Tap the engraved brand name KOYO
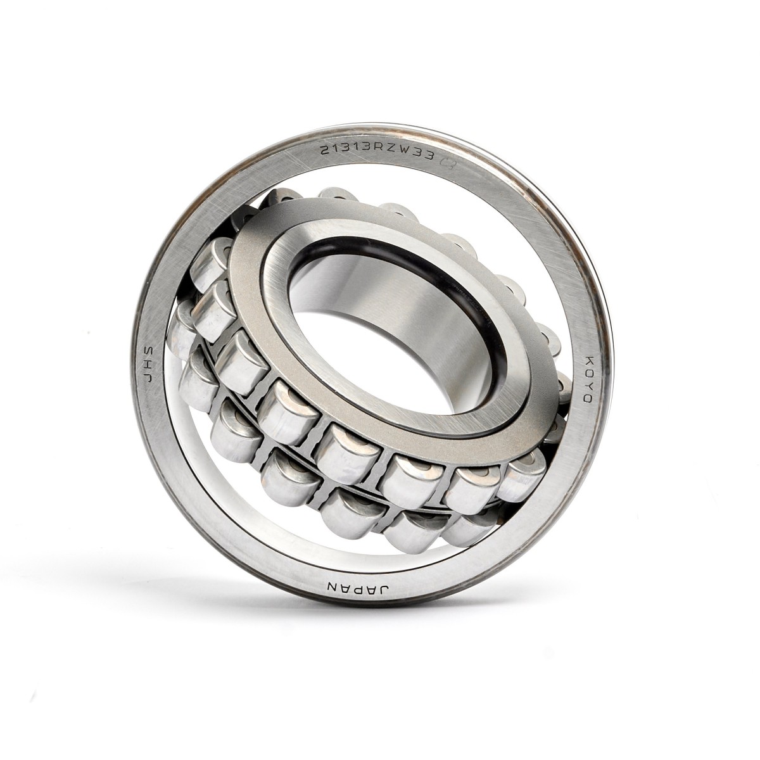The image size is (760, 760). point(586,379)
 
